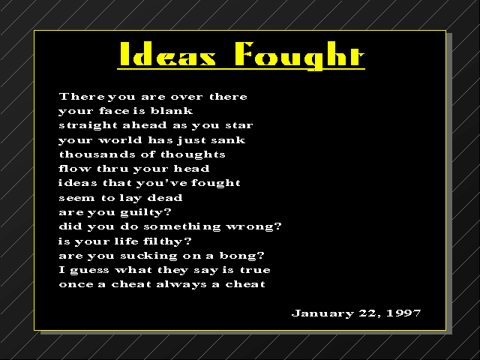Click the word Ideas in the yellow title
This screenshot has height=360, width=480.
click(168, 54)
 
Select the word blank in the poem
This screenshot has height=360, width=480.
click(172, 110)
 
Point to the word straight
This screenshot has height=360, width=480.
click(88, 125)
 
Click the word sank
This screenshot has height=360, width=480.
click(228, 140)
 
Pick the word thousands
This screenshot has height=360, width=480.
click(97, 154)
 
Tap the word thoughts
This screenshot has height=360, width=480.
click(193, 155)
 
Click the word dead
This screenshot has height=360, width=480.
click(165, 198)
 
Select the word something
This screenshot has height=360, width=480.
click(182, 226)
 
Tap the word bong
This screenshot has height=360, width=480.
click(238, 256)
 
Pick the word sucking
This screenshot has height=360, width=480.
click(148, 256)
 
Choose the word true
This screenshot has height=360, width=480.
click(255, 270)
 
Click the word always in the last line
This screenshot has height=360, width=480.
click(181, 285)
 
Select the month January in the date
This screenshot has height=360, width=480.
click(322, 313)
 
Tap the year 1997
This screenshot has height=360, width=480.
click(403, 313)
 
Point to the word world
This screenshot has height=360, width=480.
click(120, 140)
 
